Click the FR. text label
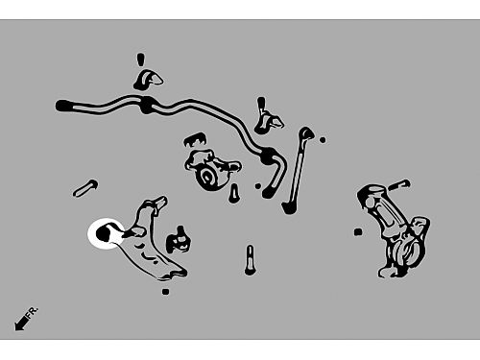(x=33, y=312)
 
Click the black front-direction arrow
(x=21, y=323)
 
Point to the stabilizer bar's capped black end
(x=62, y=106)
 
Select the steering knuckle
(x=396, y=229)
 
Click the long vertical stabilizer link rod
(x=298, y=171)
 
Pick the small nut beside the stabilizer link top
(x=323, y=139)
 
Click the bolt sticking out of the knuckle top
(x=399, y=184)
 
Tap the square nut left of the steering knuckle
(x=358, y=232)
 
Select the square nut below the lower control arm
(x=165, y=292)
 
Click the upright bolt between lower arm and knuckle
(x=250, y=260)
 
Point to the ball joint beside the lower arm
(x=179, y=239)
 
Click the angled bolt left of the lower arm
(x=85, y=188)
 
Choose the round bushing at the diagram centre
(x=206, y=176)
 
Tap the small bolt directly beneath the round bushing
(x=234, y=193)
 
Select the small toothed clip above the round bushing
(x=195, y=140)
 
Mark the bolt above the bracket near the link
(x=261, y=103)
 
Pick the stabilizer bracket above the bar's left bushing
(x=148, y=80)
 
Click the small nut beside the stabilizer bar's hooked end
(x=258, y=186)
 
